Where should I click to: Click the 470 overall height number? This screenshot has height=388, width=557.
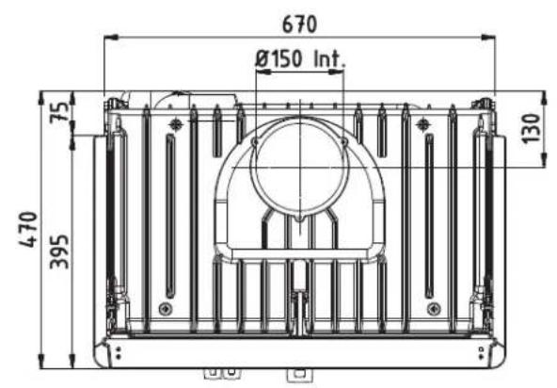pyautogui.click(x=28, y=231)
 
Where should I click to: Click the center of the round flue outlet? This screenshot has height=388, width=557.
pyautogui.click(x=299, y=172)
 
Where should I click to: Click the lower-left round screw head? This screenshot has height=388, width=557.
pyautogui.click(x=166, y=308)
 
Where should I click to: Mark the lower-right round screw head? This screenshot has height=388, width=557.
pyautogui.click(x=431, y=308)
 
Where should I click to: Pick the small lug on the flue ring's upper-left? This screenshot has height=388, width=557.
pyautogui.click(x=255, y=142)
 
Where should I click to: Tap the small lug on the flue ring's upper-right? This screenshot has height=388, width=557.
pyautogui.click(x=343, y=142)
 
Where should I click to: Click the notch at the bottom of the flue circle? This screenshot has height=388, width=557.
pyautogui.click(x=299, y=219)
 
